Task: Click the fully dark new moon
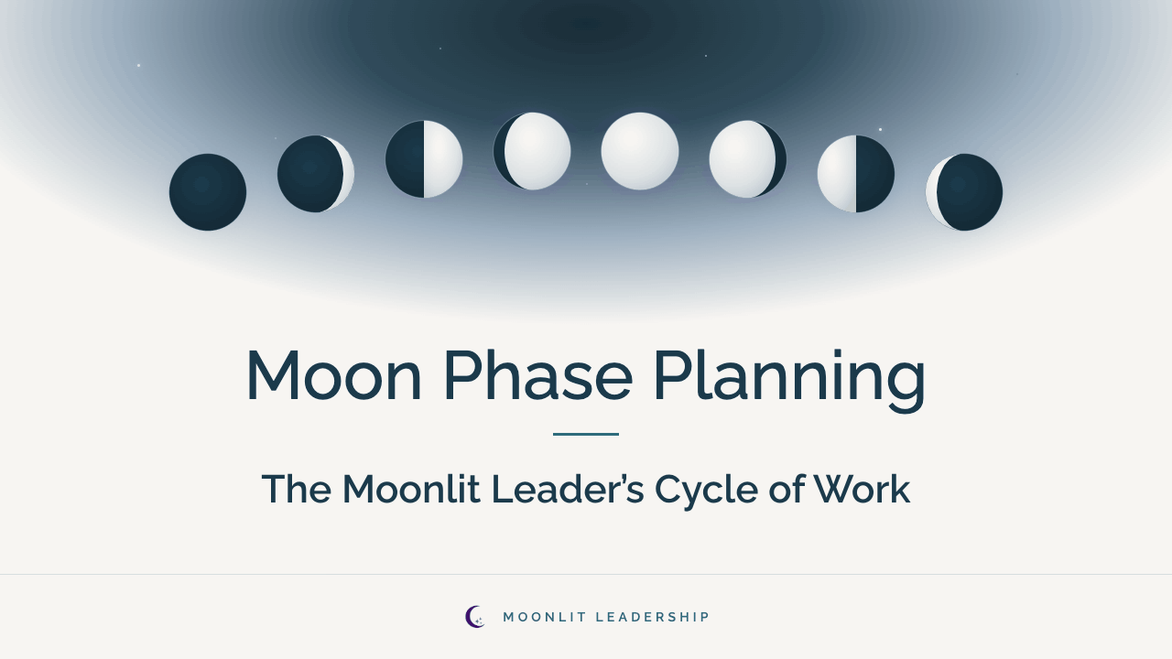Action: pyautogui.click(x=208, y=192)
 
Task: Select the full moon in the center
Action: pyautogui.click(x=640, y=151)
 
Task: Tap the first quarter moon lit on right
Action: pyautogui.click(x=424, y=159)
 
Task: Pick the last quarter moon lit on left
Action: pyautogui.click(x=856, y=174)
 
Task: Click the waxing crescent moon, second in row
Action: pyautogui.click(x=316, y=174)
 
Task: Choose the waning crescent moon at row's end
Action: pyautogui.click(x=964, y=192)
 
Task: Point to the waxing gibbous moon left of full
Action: pyautogui.click(x=532, y=151)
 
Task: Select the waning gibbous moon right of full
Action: pyautogui.click(x=748, y=159)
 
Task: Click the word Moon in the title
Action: pyautogui.click(x=334, y=375)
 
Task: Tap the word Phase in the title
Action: pyautogui.click(x=538, y=374)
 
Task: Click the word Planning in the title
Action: pyautogui.click(x=790, y=380)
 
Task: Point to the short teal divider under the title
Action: pyautogui.click(x=586, y=434)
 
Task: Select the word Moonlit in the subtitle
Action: pyautogui.click(x=411, y=489)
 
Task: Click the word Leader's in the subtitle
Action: pyautogui.click(x=568, y=489)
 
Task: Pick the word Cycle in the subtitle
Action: pyautogui.click(x=706, y=492)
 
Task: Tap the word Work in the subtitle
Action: pyautogui.click(x=863, y=489)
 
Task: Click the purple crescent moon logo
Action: pyautogui.click(x=474, y=617)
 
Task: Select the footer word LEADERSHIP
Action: pyautogui.click(x=653, y=617)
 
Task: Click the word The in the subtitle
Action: pyautogui.click(x=297, y=489)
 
